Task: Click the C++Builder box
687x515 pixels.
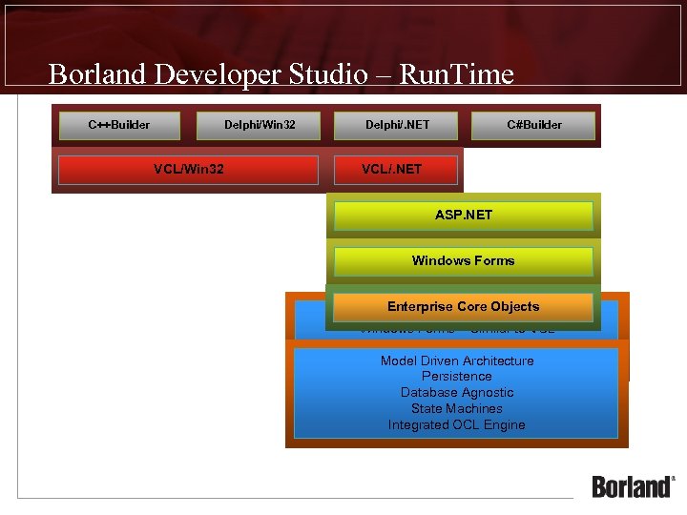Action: [119, 125]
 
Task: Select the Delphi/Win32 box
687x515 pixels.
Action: [260, 125]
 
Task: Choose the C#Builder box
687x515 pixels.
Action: [534, 125]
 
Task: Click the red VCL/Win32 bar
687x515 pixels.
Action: [188, 170]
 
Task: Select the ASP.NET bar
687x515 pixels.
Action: [464, 216]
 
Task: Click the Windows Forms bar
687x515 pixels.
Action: [463, 261]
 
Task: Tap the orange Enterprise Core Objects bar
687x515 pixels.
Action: [463, 307]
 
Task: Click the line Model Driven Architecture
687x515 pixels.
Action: [457, 360]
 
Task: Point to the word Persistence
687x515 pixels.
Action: [457, 377]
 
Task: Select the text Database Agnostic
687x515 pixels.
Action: [457, 393]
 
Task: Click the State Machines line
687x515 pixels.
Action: [457, 409]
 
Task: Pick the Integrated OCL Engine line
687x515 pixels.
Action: [457, 425]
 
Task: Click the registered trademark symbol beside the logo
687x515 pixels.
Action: [674, 479]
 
